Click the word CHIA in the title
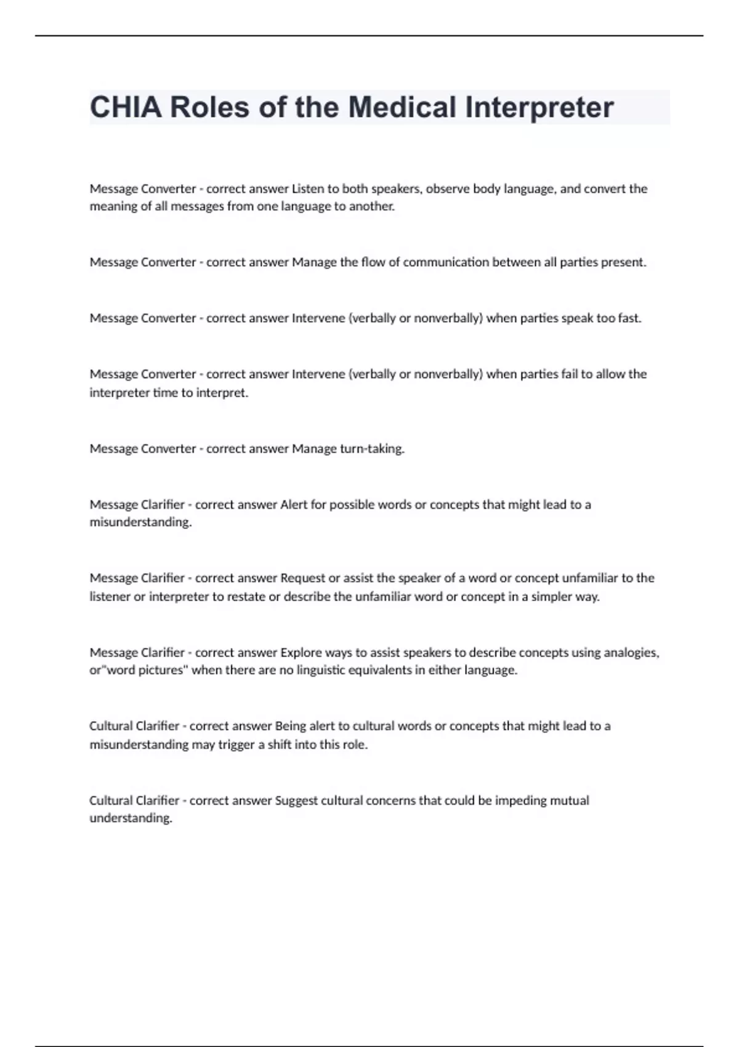[126, 108]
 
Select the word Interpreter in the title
[539, 108]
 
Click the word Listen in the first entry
[307, 188]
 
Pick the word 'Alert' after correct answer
[294, 505]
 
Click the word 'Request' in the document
[302, 578]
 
